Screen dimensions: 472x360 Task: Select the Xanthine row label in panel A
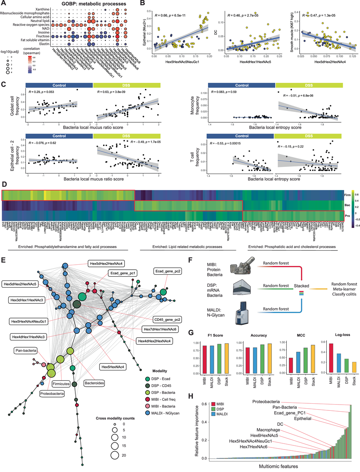(41, 8)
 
